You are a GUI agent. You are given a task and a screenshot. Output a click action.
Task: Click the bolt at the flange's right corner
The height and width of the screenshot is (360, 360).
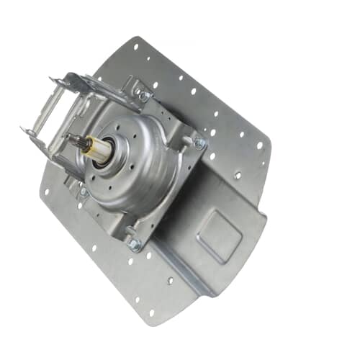pos(199,143)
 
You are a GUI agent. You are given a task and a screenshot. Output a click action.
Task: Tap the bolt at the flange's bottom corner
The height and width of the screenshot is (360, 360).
pos(133,245)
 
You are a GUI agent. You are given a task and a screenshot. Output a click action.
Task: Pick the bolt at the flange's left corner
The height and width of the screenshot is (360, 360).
pos(84,192)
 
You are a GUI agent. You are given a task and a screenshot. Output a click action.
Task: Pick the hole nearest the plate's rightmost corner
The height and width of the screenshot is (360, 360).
pos(260,144)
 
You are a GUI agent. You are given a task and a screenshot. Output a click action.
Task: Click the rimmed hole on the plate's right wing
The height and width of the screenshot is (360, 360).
pos(238,175)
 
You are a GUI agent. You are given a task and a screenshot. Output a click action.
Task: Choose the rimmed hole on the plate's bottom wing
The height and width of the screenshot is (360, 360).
pos(170,280)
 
